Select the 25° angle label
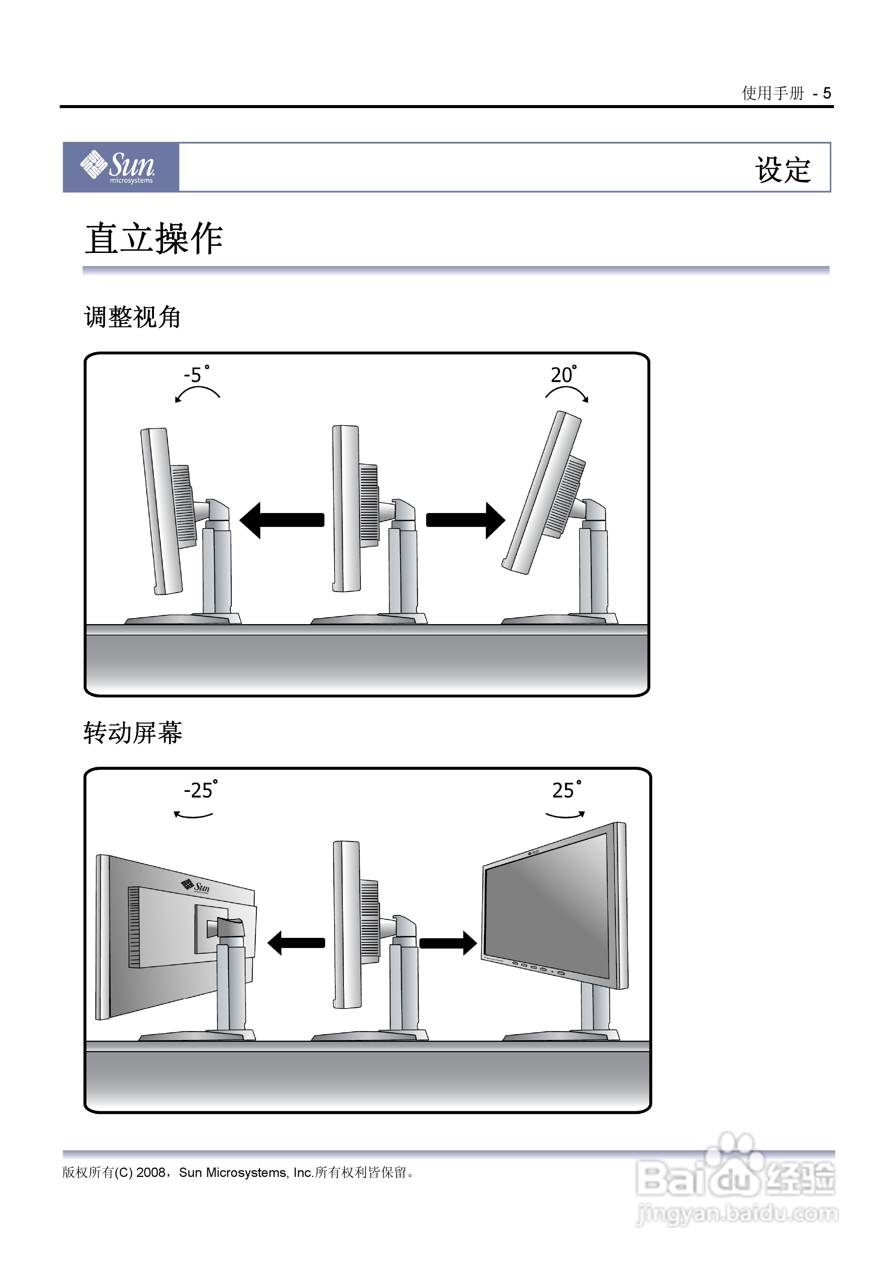[x=566, y=790]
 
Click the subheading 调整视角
[x=132, y=317]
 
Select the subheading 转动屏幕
[x=132, y=733]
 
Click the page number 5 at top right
[x=826, y=93]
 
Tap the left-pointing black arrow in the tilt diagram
[x=282, y=520]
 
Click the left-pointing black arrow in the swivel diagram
[x=296, y=942]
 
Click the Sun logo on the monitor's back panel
[x=196, y=886]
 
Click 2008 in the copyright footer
[x=151, y=1172]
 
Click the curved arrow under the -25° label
[x=193, y=815]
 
